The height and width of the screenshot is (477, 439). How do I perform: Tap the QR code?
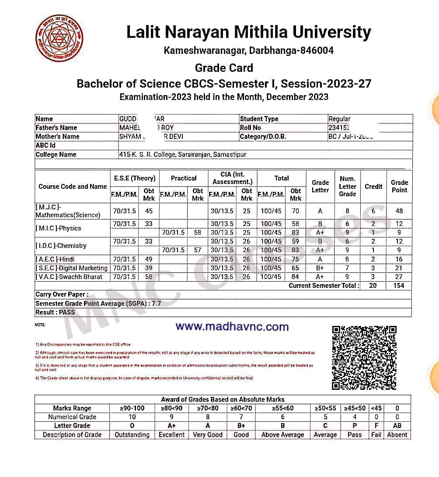364,357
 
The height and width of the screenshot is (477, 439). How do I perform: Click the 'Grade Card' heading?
224,68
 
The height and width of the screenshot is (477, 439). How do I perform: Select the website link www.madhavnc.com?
232,327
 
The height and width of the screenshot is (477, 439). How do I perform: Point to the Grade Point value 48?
399,211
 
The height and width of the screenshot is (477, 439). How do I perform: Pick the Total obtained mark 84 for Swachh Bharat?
295,277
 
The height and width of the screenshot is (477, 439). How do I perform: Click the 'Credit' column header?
373,187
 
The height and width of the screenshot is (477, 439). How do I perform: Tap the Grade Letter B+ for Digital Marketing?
320,268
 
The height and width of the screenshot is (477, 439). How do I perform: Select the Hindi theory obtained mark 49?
149,259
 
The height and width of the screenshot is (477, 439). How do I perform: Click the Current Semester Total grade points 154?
399,286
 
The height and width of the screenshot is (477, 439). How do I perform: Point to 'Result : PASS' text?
55,312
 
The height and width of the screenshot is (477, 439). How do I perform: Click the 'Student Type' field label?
259,119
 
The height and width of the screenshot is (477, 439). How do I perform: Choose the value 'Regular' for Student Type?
339,119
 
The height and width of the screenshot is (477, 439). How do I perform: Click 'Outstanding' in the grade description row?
132,435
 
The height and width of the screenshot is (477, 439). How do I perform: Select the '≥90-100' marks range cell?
132,408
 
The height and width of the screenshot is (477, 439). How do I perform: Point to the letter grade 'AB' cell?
397,426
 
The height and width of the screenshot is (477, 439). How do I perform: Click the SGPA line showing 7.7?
98,304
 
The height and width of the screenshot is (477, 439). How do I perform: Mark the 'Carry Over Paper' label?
62,295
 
